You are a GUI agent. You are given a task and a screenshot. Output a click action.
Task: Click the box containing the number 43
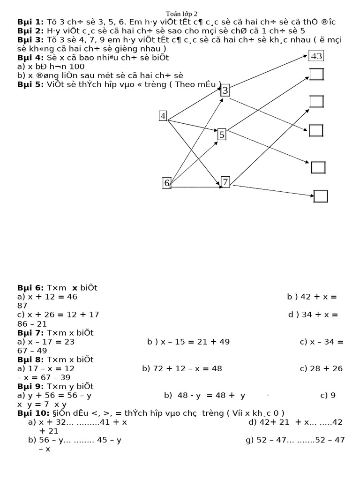tap(316, 56)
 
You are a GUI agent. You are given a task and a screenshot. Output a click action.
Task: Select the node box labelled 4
tap(163, 116)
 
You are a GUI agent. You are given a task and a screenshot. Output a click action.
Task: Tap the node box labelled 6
tap(167, 183)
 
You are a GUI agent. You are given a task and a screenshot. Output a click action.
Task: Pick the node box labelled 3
tap(225, 90)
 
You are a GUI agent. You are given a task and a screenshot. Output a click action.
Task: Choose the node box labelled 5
tap(222, 135)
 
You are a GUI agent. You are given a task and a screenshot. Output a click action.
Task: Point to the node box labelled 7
tap(225, 182)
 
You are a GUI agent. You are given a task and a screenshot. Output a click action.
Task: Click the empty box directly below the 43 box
tap(316, 75)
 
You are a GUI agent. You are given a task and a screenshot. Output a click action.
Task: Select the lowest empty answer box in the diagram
tap(321, 196)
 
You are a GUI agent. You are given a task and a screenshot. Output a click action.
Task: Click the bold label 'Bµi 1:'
tap(30, 22)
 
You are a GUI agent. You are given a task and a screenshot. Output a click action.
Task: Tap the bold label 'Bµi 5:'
tap(30, 84)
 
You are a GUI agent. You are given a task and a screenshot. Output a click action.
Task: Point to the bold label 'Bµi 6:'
tap(30, 288)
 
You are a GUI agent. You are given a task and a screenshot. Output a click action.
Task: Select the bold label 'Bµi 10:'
tap(32, 413)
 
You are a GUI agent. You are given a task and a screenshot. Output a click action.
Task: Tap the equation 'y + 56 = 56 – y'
tap(60, 395)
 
